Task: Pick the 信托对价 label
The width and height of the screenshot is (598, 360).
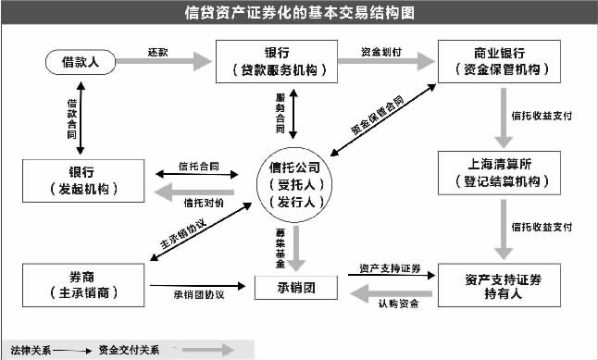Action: click(202, 202)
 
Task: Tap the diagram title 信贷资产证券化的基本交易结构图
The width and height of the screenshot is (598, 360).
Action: click(298, 13)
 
